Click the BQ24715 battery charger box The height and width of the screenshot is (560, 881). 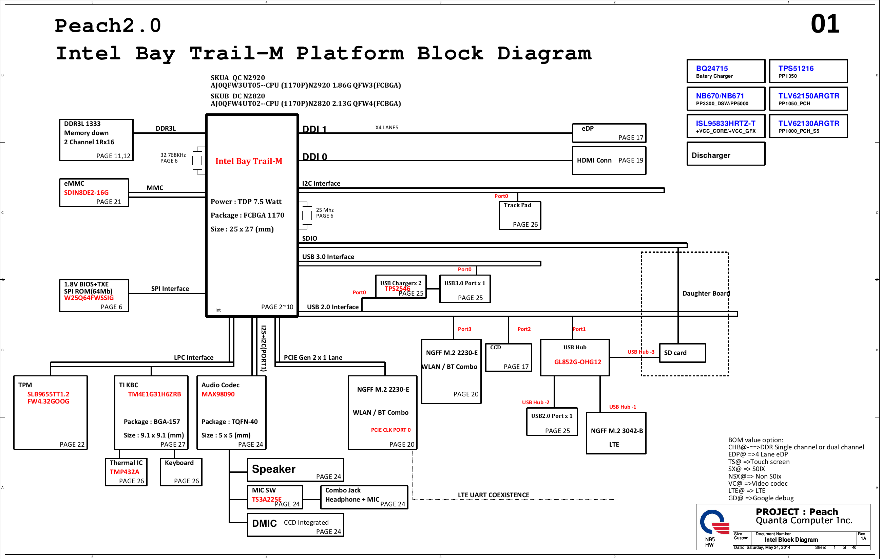click(x=726, y=71)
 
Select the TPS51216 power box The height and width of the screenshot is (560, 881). click(x=808, y=71)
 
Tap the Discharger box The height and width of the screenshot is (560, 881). click(x=726, y=154)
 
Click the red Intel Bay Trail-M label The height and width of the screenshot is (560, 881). click(x=249, y=161)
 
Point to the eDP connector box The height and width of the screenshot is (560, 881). click(x=609, y=133)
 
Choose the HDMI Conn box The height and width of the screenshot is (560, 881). click(x=609, y=160)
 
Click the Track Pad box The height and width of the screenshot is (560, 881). click(x=520, y=216)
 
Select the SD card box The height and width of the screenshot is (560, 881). click(x=682, y=353)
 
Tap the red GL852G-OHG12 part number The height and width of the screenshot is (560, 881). click(x=578, y=362)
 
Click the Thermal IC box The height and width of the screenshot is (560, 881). click(x=126, y=472)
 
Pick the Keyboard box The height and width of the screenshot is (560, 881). click(x=181, y=472)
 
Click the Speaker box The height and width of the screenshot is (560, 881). click(x=295, y=470)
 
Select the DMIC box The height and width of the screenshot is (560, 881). click(x=295, y=525)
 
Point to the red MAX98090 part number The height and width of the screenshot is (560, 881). click(x=218, y=394)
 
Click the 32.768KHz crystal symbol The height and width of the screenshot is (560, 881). click(x=197, y=160)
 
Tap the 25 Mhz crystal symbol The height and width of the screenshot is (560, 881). click(x=307, y=215)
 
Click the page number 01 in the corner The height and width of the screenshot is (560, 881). click(x=825, y=24)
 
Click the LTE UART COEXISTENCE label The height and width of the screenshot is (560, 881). click(x=494, y=495)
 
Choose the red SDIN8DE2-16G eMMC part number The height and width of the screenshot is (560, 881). click(x=87, y=192)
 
